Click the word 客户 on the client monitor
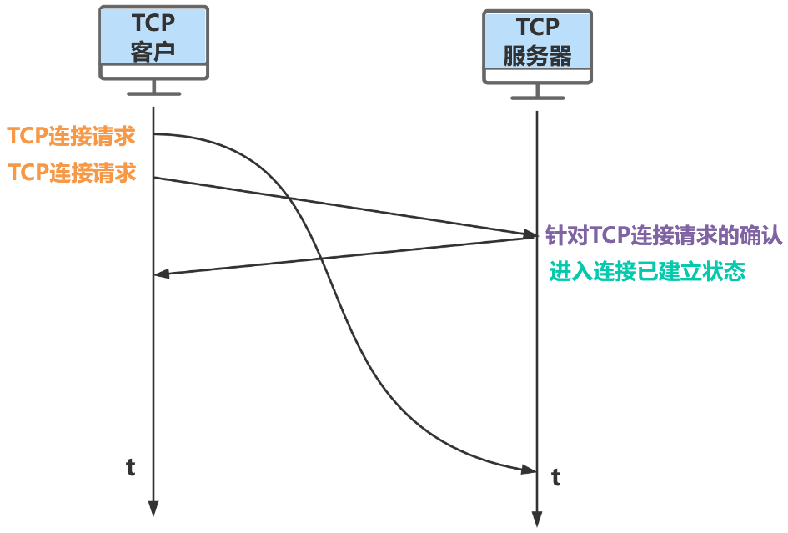pyautogui.click(x=153, y=50)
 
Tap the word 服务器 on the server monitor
pyautogui.click(x=537, y=56)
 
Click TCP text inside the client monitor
pyautogui.click(x=153, y=23)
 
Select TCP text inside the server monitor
pyautogui.click(x=537, y=29)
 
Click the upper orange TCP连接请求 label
pyautogui.click(x=72, y=135)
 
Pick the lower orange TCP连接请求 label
pyautogui.click(x=72, y=173)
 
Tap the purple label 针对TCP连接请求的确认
pyautogui.click(x=663, y=236)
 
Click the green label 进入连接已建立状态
pyautogui.click(x=647, y=272)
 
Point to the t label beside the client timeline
pyautogui.click(x=131, y=468)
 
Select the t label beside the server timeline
pyautogui.click(x=555, y=478)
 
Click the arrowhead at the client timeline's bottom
pyautogui.click(x=153, y=509)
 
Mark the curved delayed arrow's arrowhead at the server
pyautogui.click(x=529, y=470)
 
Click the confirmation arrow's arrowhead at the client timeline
pyautogui.click(x=162, y=274)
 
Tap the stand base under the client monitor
pyautogui.click(x=153, y=93)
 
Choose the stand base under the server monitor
pyautogui.click(x=537, y=98)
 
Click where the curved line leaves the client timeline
pyautogui.click(x=155, y=133)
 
